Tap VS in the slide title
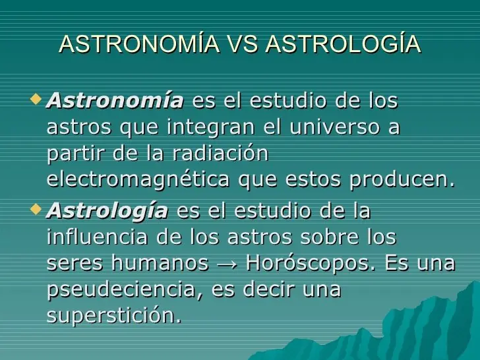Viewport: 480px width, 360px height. [x=243, y=44]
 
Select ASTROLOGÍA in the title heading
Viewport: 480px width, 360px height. [x=343, y=44]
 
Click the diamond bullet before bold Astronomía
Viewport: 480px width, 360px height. [x=37, y=100]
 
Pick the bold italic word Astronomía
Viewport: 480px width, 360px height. [x=115, y=102]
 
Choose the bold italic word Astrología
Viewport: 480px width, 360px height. [x=107, y=212]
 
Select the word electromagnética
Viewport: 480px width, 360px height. [x=138, y=179]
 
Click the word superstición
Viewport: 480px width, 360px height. [x=113, y=316]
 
